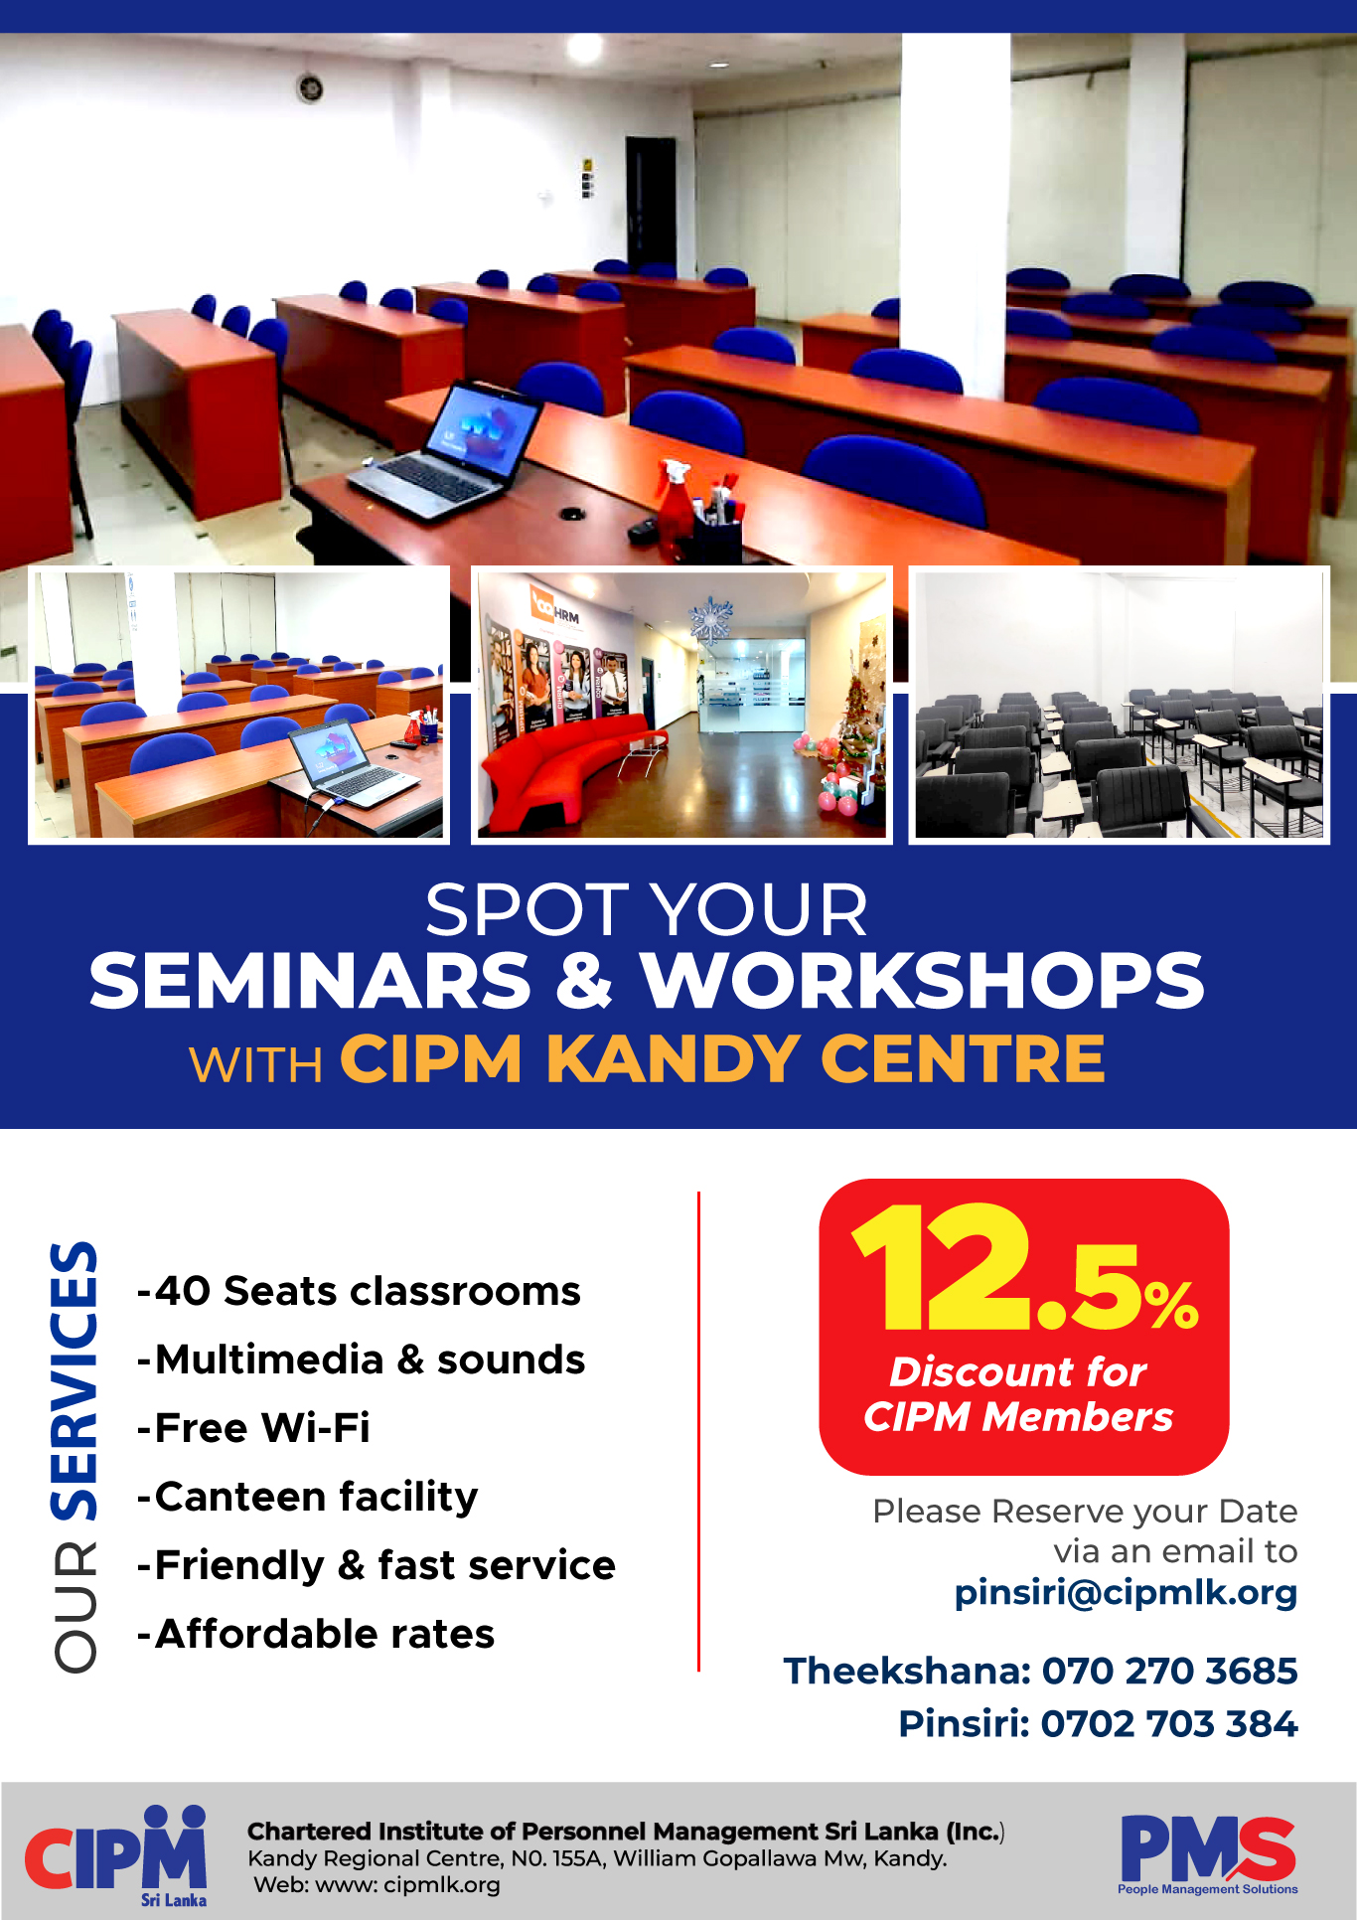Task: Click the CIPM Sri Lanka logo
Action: point(116,1855)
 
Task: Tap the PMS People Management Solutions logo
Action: point(1208,1854)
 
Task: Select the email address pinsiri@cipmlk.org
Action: point(1126,1592)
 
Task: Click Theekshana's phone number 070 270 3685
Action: point(1169,1671)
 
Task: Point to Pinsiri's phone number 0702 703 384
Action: point(1168,1723)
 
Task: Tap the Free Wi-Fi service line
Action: point(253,1428)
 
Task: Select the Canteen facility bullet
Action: point(308,1498)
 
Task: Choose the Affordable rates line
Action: point(316,1634)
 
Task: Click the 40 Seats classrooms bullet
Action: point(359,1291)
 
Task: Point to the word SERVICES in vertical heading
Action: point(75,1380)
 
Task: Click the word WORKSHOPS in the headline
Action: point(922,981)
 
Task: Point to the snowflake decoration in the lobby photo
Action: point(711,620)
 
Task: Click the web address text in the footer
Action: point(377,1885)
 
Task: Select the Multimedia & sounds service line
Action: point(361,1360)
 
